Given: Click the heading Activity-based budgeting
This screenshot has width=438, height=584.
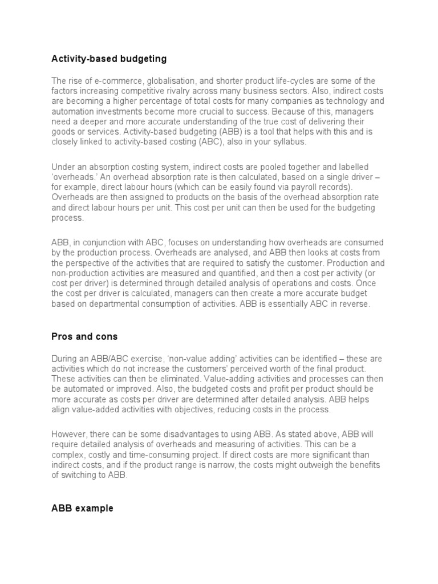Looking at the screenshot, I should [x=109, y=59].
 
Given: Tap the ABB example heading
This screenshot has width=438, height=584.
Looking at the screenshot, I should [x=82, y=508].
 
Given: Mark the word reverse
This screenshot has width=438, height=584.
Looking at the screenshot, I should [x=355, y=304].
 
